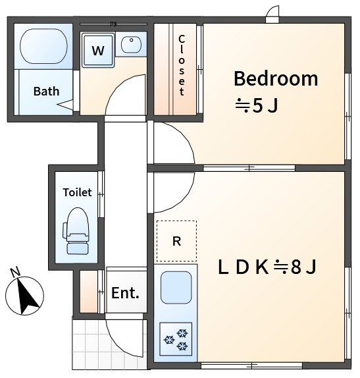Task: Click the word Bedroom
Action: [x=276, y=78]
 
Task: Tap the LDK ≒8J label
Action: [x=267, y=267]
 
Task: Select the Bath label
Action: [x=46, y=92]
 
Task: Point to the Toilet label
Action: [x=78, y=192]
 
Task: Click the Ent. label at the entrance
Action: [x=125, y=292]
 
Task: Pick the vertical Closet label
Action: [x=182, y=65]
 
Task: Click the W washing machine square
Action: [x=98, y=50]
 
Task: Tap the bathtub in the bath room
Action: [x=43, y=46]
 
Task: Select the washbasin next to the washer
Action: [x=132, y=45]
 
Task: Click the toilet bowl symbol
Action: [x=76, y=230]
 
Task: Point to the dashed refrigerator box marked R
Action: [x=176, y=241]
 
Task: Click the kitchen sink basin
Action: [x=176, y=287]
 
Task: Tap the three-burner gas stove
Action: [x=176, y=339]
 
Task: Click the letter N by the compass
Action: [x=15, y=273]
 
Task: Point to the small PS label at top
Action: [x=113, y=24]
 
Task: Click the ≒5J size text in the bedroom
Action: [x=257, y=105]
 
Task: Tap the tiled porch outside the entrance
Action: [x=110, y=344]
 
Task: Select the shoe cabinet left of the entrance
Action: [x=88, y=292]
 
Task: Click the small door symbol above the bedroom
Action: [x=272, y=14]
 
